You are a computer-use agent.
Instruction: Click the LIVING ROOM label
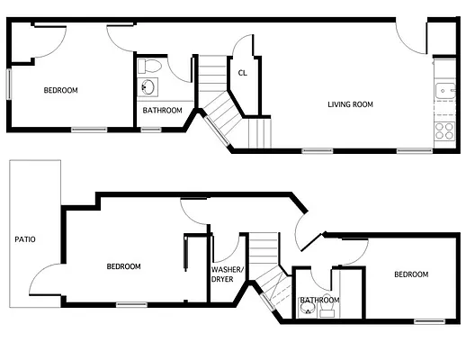point(350,104)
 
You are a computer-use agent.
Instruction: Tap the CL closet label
point(243,74)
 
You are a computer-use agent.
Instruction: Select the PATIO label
point(24,239)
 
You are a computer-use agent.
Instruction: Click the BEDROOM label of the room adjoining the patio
point(123,265)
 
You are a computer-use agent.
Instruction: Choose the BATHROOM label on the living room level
point(163,111)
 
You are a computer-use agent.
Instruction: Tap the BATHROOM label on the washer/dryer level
point(320,300)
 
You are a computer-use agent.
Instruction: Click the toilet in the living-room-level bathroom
point(151,65)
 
